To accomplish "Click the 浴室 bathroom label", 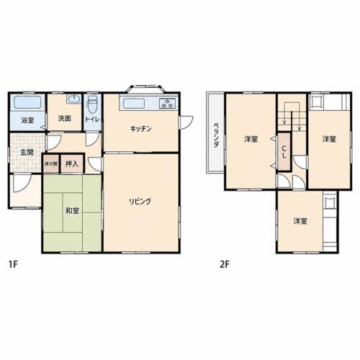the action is tap(27, 120).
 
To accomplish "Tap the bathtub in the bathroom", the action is tap(27, 102).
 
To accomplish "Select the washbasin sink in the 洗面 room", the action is tap(74, 99).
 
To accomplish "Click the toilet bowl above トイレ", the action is tap(92, 104).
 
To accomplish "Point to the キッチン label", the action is tap(141, 129).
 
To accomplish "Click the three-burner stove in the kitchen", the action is tap(167, 104).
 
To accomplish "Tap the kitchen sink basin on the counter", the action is tap(134, 104).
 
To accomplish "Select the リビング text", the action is tap(140, 201).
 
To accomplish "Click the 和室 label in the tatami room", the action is tap(72, 211).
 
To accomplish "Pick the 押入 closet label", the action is tap(72, 163).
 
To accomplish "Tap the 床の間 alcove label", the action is tap(51, 164).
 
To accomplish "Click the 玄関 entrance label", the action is tap(27, 152).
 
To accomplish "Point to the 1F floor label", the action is tap(13, 264).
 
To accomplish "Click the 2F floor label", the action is tap(225, 264).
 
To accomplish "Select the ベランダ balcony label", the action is tap(216, 135).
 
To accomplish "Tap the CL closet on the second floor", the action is tap(284, 152).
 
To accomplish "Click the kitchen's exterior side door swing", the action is tap(186, 122).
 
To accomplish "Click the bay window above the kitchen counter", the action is tap(145, 89).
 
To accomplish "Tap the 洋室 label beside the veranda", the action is tap(251, 139).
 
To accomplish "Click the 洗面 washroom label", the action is tap(65, 118).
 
